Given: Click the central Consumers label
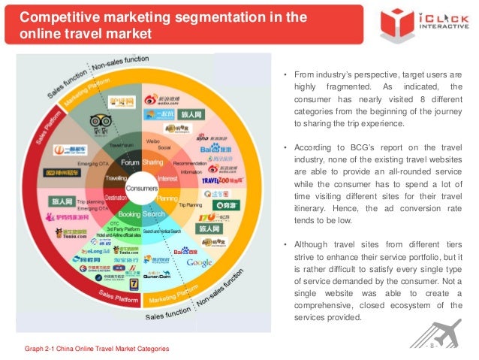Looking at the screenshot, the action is (142, 188).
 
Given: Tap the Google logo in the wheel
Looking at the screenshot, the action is (200, 262).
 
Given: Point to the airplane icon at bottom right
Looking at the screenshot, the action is (448, 336).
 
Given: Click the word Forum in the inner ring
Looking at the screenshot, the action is (130, 162).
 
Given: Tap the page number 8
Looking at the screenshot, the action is (432, 349).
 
